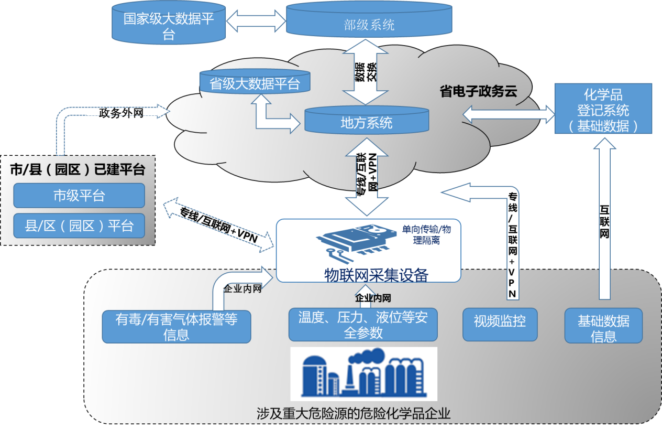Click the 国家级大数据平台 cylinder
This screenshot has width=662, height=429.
click(169, 26)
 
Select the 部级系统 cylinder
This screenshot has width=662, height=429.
click(369, 24)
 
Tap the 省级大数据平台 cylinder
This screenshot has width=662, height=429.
click(255, 83)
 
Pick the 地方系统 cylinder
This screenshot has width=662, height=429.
click(367, 123)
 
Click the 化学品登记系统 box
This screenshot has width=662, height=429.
click(603, 110)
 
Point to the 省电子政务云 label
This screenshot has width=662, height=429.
click(478, 92)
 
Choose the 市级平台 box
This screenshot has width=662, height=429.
click(79, 196)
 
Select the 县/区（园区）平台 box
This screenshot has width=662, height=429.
click(79, 226)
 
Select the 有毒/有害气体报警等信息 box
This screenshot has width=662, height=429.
click(176, 326)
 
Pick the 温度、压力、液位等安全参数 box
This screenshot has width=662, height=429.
click(363, 325)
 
